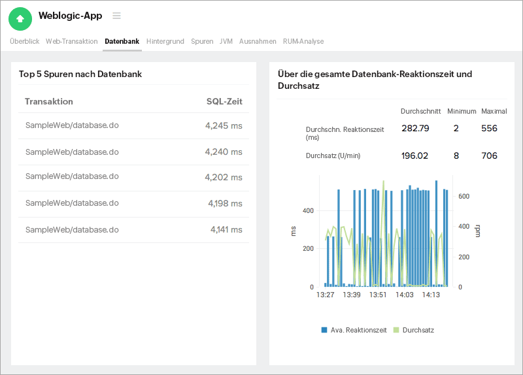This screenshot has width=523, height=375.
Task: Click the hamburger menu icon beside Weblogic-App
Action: click(116, 16)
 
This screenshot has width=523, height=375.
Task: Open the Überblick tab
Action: click(24, 41)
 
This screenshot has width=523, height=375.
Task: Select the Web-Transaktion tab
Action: click(72, 41)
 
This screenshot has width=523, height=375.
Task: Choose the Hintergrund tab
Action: click(165, 41)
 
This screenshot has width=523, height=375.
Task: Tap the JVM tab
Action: click(226, 41)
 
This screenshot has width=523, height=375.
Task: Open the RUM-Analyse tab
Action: click(303, 41)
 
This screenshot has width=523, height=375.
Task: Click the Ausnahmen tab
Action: click(258, 41)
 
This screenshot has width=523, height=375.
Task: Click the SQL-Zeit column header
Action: click(224, 101)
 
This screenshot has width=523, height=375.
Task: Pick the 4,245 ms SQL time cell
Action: click(224, 125)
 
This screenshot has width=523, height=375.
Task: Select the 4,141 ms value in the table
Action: click(226, 230)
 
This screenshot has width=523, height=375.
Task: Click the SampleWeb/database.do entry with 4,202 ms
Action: click(72, 177)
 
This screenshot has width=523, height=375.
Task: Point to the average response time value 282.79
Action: click(415, 129)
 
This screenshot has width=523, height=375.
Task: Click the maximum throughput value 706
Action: click(489, 155)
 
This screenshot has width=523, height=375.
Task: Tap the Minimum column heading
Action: click(462, 111)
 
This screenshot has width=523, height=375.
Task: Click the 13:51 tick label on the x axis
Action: click(378, 295)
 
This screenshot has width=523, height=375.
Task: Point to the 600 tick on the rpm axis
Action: click(464, 196)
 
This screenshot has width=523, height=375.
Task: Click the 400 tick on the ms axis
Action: click(307, 210)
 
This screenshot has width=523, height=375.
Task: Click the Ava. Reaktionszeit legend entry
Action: click(354, 330)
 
